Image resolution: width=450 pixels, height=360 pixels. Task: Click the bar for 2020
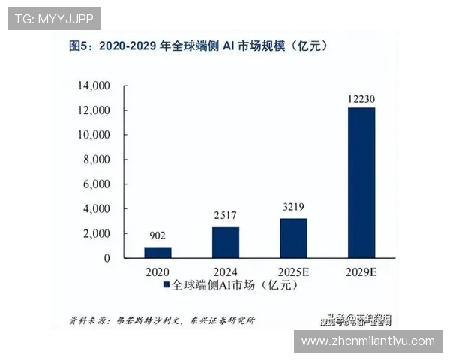tap(157, 252)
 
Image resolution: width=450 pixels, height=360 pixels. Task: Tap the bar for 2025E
tap(294, 238)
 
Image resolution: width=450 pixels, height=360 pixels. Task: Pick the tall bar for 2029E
tap(361, 182)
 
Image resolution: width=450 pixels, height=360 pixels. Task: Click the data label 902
tap(157, 234)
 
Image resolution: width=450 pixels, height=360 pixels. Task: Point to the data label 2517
tap(226, 214)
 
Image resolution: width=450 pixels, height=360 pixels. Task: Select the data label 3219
tap(294, 205)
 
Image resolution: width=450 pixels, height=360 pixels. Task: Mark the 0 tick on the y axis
tap(107, 258)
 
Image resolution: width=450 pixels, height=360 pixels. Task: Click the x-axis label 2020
tap(157, 271)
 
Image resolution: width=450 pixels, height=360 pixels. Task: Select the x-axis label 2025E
tap(294, 271)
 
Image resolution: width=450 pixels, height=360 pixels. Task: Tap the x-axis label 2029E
tap(361, 271)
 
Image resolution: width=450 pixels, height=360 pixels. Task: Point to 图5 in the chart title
tap(79, 46)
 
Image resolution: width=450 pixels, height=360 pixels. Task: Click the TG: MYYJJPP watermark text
tap(53, 18)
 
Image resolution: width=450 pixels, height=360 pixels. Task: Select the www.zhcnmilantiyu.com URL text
tap(367, 340)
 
